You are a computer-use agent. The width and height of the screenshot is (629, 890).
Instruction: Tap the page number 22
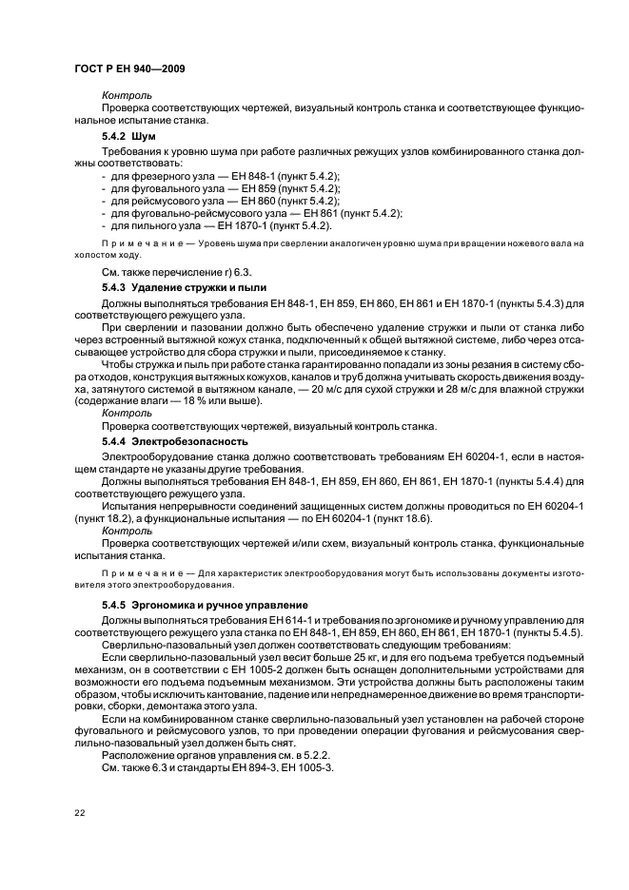[80, 814]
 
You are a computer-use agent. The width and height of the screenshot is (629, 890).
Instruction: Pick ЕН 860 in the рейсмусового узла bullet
[258, 202]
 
